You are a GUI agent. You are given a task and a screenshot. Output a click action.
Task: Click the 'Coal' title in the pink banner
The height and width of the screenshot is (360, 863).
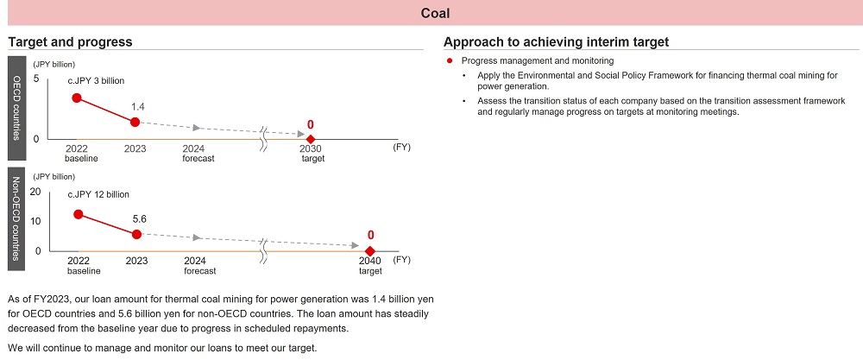click(435, 13)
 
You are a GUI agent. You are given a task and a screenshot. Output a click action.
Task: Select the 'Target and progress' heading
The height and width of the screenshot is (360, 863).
click(70, 41)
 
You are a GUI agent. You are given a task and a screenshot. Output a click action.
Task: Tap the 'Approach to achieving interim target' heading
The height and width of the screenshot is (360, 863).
click(556, 41)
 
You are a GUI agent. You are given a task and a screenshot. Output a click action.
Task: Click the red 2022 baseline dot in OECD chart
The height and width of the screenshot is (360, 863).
click(77, 98)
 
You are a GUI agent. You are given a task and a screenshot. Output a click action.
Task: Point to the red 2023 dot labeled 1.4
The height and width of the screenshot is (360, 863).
click(135, 122)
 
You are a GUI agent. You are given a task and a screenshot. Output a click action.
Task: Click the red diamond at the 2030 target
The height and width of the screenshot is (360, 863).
click(311, 138)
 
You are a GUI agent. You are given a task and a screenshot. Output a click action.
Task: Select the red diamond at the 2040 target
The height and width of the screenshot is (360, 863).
click(370, 250)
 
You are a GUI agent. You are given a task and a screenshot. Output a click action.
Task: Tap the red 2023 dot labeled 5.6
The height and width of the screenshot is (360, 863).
click(136, 234)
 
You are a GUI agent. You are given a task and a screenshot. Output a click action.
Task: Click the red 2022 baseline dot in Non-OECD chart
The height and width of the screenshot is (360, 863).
click(79, 213)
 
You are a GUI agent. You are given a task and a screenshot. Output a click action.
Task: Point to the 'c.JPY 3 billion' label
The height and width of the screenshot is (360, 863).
click(97, 80)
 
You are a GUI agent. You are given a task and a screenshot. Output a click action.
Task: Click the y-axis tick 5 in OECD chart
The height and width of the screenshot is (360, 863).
click(36, 79)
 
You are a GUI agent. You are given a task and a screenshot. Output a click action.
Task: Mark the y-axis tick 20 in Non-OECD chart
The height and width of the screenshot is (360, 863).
click(35, 192)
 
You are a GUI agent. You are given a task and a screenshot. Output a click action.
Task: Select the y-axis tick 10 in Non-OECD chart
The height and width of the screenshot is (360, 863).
click(35, 221)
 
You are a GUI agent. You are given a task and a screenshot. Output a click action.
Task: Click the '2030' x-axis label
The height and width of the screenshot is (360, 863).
click(311, 148)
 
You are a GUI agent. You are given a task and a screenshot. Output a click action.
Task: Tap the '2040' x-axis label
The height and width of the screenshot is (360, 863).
click(369, 260)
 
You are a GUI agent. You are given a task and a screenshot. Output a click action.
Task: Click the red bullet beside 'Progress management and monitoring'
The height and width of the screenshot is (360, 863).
click(450, 61)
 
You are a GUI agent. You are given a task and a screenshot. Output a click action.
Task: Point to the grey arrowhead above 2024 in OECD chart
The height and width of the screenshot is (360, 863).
click(198, 128)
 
